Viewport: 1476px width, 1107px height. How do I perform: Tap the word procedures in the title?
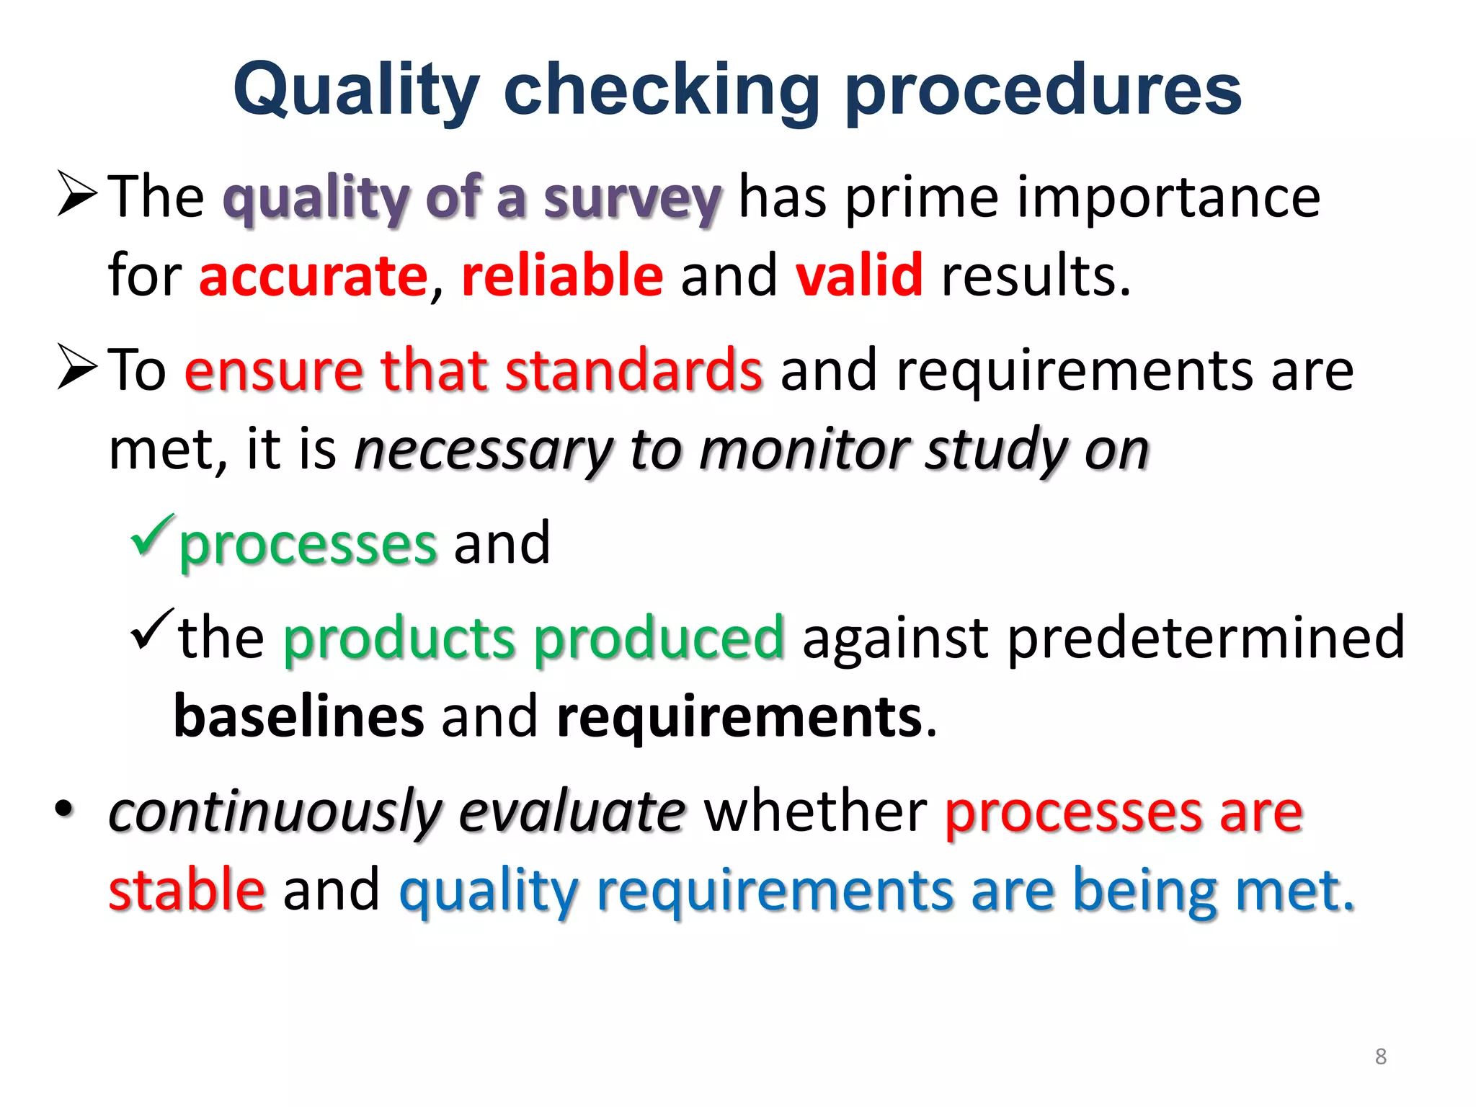tap(1044, 90)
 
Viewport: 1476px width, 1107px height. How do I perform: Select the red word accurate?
tap(314, 276)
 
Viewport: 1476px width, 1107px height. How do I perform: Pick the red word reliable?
tap(562, 276)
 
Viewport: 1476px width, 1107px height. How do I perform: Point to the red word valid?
tap(859, 276)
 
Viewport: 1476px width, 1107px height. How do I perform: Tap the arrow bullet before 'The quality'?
tap(77, 194)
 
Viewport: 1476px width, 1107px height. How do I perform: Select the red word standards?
tap(633, 370)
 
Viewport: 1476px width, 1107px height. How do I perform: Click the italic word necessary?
tap(483, 450)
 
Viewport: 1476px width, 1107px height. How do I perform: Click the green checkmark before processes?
tap(152, 536)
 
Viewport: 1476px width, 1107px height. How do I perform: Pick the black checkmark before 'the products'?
tap(152, 629)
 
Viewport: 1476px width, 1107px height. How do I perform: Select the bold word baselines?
tap(299, 717)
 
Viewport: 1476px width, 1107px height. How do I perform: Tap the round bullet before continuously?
tap(64, 809)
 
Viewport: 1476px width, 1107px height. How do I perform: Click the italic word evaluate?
tap(572, 812)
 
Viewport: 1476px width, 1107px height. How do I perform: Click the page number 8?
tap(1380, 1057)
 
